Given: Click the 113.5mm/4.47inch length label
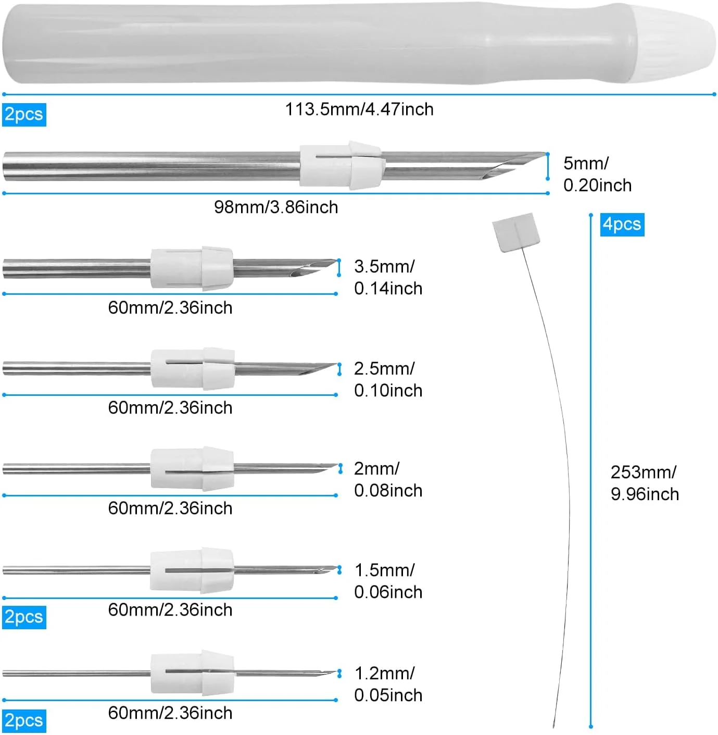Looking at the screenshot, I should pos(359,109).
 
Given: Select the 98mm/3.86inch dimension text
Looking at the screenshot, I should pos(276,207).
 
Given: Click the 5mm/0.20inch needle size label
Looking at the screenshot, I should pos(597,174).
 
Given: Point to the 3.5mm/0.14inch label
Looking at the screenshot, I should pos(388,277).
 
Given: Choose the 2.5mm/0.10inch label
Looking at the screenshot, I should pos(388,379).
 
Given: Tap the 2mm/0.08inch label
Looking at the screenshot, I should pos(388,479).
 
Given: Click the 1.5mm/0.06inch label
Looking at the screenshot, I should pos(388,581).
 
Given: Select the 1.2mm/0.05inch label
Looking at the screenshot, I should pos(388,684).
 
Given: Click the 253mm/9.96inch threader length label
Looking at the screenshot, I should pos(645,483).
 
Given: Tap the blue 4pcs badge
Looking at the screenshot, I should pos(622,225).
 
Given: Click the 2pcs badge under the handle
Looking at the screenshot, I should pos(24,115).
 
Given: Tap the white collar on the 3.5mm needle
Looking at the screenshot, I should pos(192,268).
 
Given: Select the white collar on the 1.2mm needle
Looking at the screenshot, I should pos(192,673).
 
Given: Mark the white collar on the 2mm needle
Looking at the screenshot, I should pos(192,469).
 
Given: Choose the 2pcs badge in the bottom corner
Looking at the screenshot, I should pos(24,720).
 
